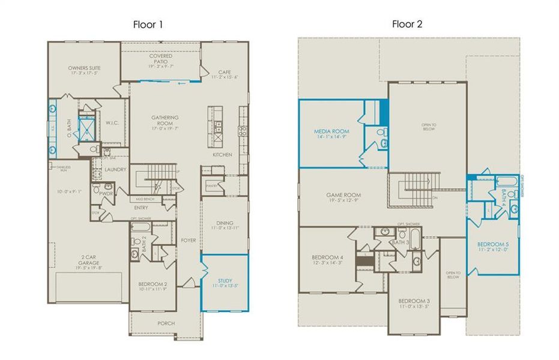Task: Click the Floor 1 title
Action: point(148,25)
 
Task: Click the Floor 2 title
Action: point(406,25)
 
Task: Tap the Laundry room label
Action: point(115,170)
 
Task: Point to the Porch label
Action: point(166,323)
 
